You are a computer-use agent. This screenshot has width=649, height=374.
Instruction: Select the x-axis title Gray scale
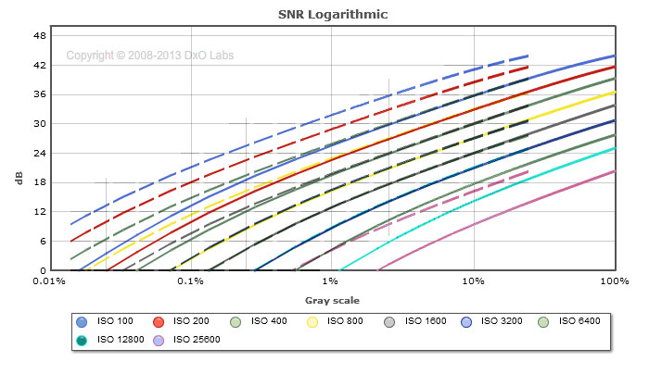click(332, 300)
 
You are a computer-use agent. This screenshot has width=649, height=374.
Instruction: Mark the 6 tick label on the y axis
click(42, 241)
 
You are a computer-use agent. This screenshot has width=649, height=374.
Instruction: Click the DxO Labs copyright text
click(149, 56)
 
